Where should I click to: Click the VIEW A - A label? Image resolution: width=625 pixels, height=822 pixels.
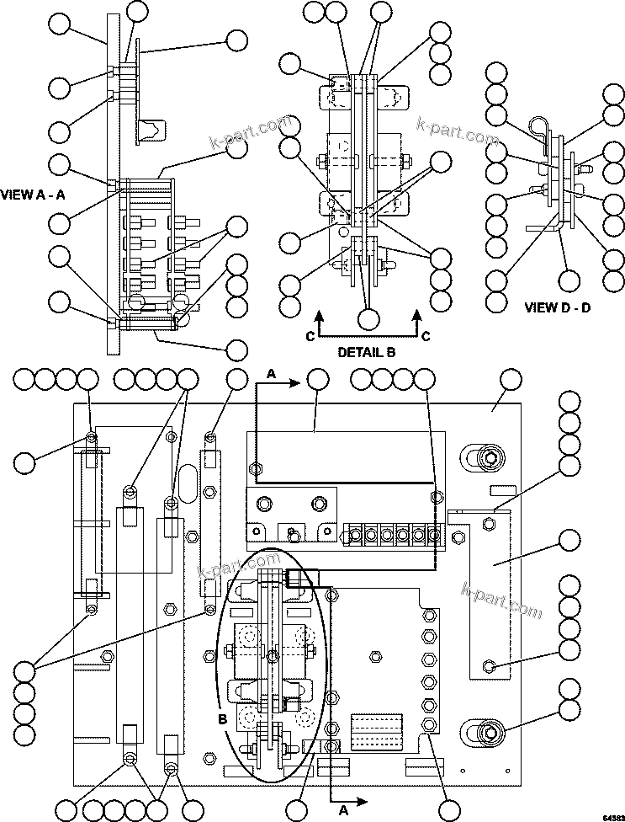click(34, 193)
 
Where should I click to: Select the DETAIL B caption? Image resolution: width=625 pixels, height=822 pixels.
click(367, 351)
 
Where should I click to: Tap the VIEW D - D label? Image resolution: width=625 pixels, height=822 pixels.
click(557, 307)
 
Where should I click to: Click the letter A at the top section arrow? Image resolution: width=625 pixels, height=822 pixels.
click(271, 372)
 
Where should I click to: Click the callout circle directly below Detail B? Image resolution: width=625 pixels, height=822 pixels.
click(368, 319)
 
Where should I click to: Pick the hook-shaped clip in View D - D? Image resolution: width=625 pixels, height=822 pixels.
click(541, 128)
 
